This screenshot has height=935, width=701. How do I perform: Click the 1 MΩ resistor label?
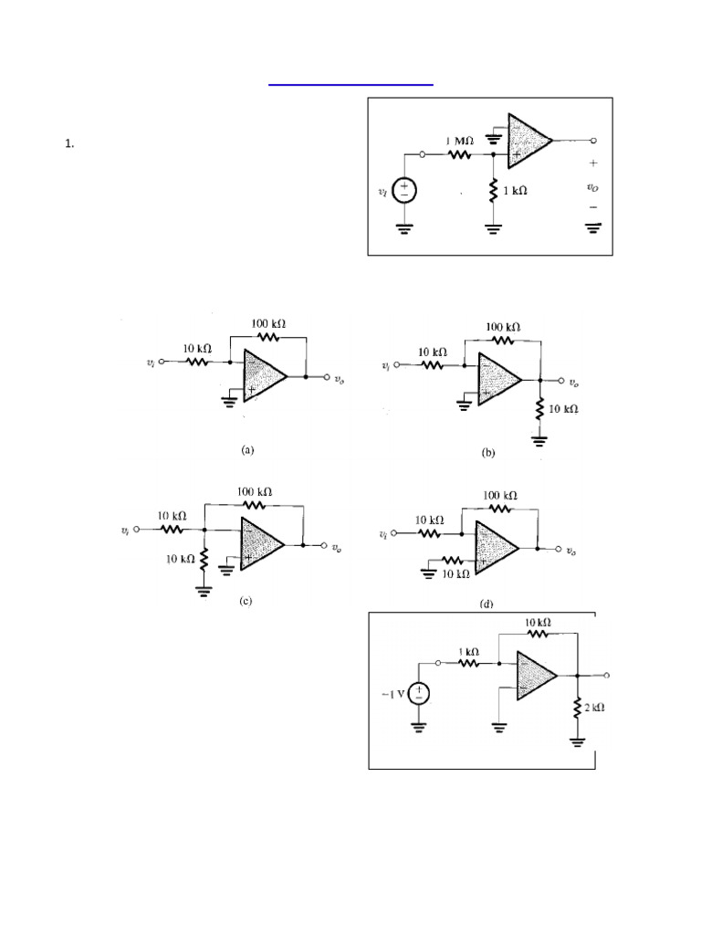point(458,142)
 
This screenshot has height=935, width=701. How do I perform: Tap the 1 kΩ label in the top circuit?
point(515,192)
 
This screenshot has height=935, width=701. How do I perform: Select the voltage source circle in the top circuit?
point(404,191)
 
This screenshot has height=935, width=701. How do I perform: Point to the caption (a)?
point(247,449)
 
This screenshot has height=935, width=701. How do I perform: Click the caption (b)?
point(488,452)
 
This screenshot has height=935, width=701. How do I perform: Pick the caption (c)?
point(244,601)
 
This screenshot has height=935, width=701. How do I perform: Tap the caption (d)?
point(486,604)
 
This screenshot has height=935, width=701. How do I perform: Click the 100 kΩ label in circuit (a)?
point(268,323)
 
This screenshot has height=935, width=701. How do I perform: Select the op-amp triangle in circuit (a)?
point(263,376)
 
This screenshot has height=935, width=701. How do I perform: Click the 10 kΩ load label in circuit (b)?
point(563,408)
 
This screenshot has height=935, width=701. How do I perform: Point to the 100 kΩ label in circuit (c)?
point(255,491)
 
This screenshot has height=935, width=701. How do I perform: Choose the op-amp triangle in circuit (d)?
point(494,547)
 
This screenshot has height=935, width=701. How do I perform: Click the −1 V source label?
point(392,694)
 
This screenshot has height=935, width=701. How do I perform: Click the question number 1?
point(68,143)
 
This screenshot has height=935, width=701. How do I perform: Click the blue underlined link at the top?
point(350,83)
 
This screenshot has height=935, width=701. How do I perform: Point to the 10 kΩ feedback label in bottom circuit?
point(538,623)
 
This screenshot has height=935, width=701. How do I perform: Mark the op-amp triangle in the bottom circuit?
point(535,677)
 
